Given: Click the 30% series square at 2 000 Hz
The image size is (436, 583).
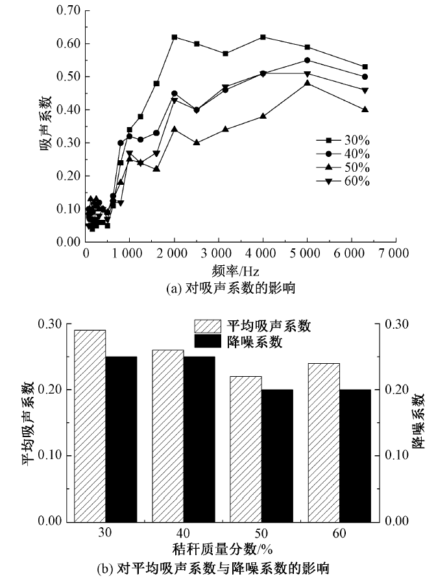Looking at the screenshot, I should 175,37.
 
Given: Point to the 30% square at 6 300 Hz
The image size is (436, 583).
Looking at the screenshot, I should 365,67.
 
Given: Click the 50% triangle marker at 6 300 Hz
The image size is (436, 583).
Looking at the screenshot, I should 365,110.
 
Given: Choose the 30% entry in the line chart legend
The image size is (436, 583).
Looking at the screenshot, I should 343,139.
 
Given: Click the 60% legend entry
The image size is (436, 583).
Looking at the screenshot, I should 343,181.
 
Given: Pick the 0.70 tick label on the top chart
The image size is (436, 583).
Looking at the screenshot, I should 68,11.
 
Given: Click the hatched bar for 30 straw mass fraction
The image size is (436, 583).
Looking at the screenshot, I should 90,425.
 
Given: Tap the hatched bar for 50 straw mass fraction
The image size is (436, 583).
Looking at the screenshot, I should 246,449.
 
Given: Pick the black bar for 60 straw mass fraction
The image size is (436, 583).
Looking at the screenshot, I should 356,455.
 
